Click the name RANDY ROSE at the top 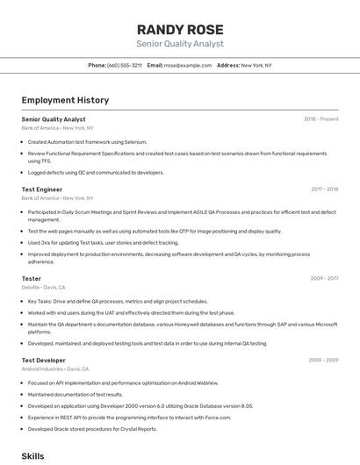tap(180, 29)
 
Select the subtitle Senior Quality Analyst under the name tap(180, 44)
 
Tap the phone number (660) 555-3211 tap(125, 65)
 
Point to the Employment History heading tap(65, 100)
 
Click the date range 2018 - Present tap(320, 118)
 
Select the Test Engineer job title tap(42, 189)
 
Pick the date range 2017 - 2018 tap(324, 189)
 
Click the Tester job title tap(32, 278)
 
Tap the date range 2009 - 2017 tap(324, 278)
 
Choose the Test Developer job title tap(44, 360)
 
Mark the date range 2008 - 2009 tap(323, 360)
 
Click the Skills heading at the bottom tap(32, 456)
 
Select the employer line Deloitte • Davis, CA tap(44, 287)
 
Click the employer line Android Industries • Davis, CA tap(56, 369)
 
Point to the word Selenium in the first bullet tap(135, 141)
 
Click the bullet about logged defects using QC tap(96, 173)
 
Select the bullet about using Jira tap(103, 243)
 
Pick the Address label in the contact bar tap(228, 65)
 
